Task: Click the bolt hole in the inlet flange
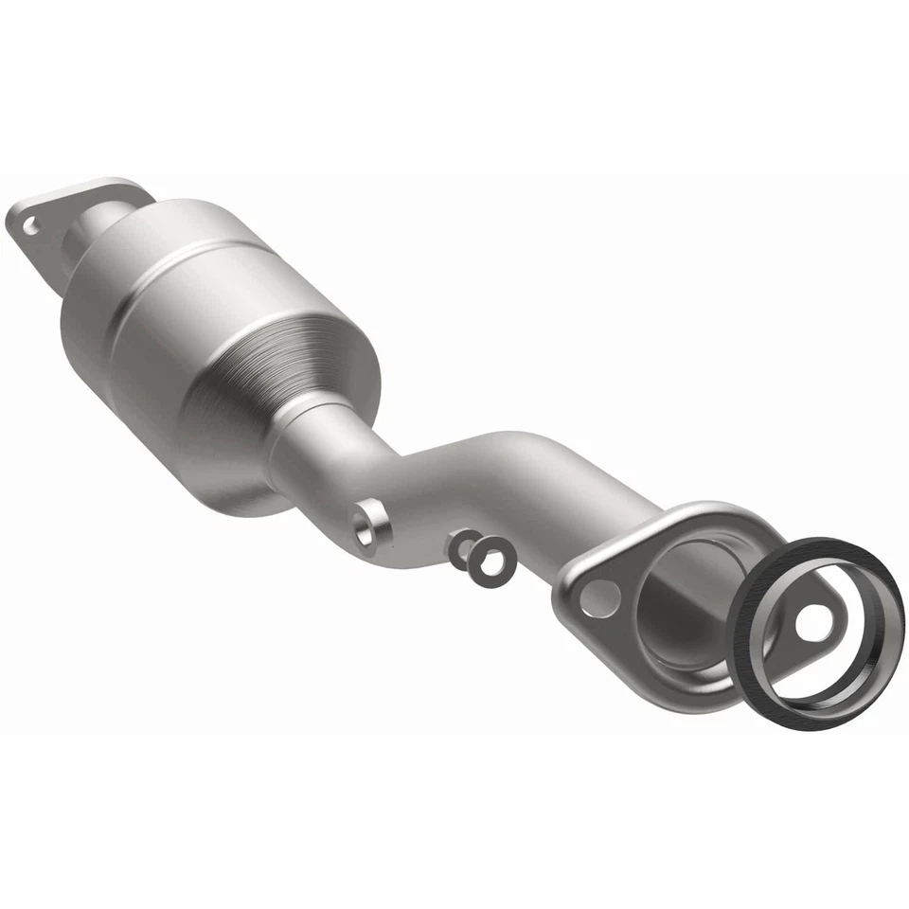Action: click(x=30, y=225)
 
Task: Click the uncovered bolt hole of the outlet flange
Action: click(x=598, y=597)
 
